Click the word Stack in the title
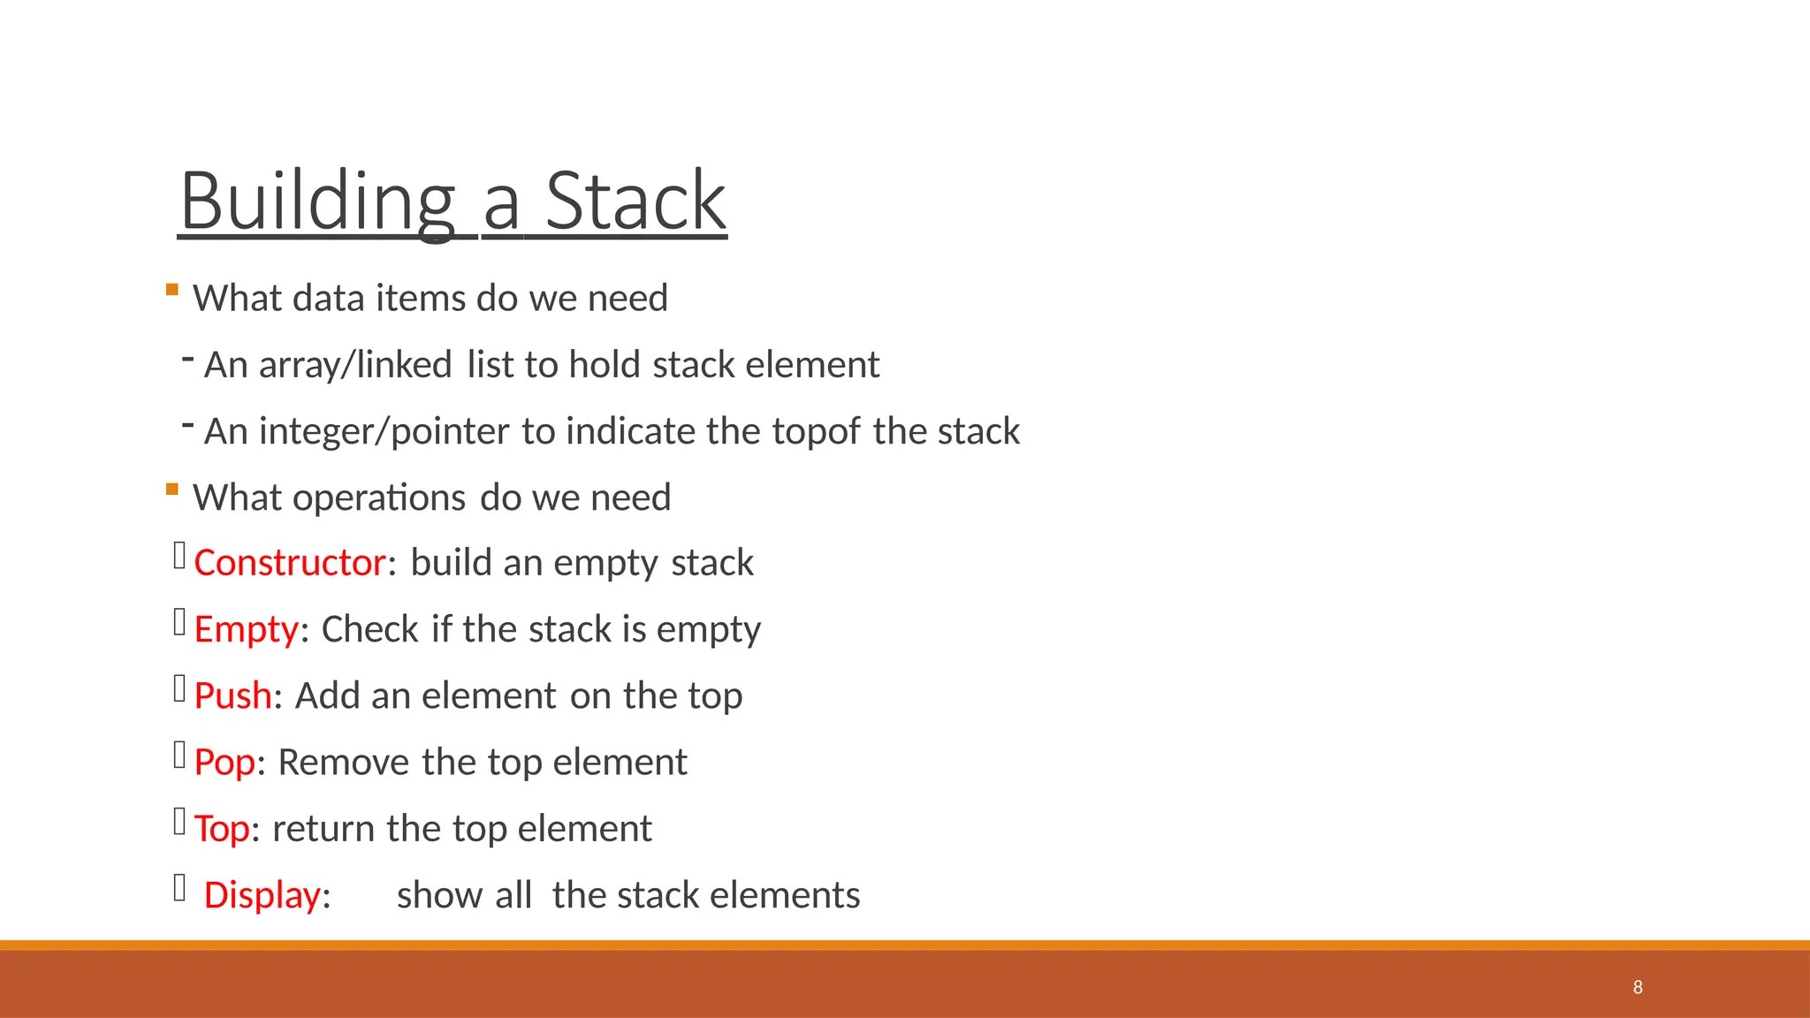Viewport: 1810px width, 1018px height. (635, 201)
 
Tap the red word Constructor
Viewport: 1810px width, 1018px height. (290, 563)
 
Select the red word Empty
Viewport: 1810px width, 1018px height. (247, 630)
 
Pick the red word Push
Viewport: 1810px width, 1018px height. (232, 696)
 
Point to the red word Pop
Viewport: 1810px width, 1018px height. (224, 763)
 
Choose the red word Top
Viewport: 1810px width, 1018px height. (222, 829)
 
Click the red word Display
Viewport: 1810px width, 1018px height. (262, 895)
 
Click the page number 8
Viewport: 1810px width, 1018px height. (1638, 987)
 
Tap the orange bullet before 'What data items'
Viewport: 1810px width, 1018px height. (172, 290)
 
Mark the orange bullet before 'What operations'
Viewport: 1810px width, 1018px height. (172, 490)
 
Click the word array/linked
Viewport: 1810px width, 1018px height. (354, 365)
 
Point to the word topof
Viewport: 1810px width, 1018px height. (816, 432)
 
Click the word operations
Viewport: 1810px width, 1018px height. (379, 498)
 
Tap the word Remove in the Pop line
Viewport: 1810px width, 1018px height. (344, 763)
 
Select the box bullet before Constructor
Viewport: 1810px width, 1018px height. (179, 556)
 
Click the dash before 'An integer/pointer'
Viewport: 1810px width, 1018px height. (187, 425)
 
